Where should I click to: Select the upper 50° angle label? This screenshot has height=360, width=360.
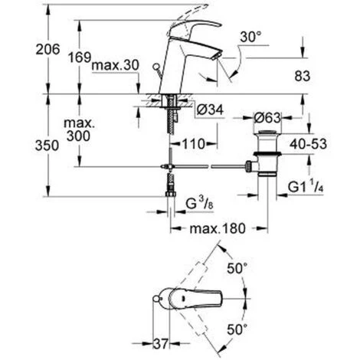click(237, 268)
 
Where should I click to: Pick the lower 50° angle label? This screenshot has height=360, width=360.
click(237, 328)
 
